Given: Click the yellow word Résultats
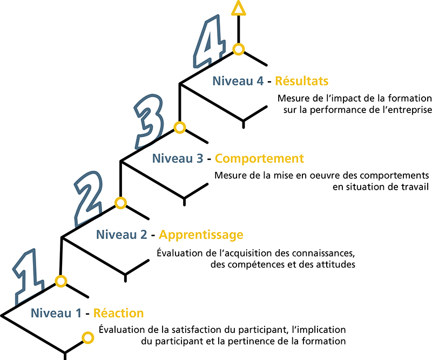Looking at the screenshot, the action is pos(302,81).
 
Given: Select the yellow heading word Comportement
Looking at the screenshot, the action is pos(259,158).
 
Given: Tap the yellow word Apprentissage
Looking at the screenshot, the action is pos(201,235).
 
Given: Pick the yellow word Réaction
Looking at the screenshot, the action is pos(118,313).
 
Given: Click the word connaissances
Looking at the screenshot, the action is pos(323,253).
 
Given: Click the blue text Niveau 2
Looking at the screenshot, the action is pos(122,235).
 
